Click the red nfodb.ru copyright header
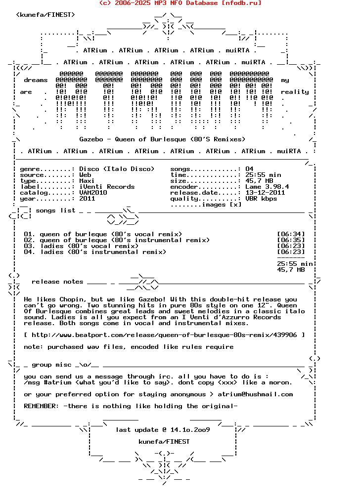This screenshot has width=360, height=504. tap(180, 3)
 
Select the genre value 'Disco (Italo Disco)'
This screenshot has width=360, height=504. tap(117, 169)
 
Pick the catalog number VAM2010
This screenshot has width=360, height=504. tap(93, 193)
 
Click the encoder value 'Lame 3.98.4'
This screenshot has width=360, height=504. tap(267, 187)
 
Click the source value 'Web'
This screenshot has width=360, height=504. tap(85, 175)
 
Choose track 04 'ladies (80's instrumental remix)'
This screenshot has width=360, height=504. tap(103, 252)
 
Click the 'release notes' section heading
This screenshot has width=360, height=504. tap(57, 282)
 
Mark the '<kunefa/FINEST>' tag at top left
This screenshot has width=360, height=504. tap(45, 15)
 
